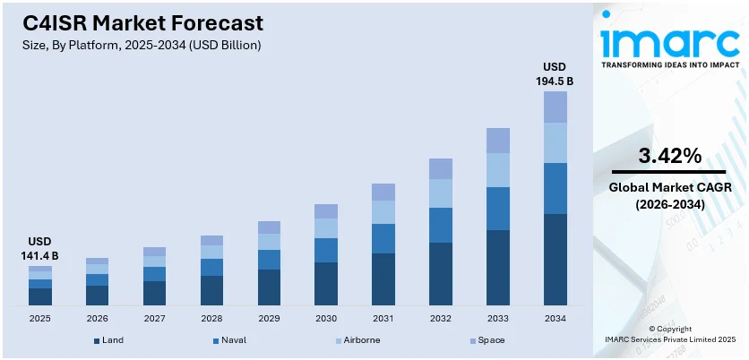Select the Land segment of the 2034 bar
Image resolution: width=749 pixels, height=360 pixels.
[x=555, y=260]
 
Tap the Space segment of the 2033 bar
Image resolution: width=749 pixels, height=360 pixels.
[x=497, y=141]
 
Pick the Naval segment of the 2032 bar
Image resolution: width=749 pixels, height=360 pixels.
[x=440, y=225]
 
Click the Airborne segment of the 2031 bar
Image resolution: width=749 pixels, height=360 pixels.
[x=383, y=212]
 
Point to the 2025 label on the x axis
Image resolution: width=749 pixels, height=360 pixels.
[x=40, y=318]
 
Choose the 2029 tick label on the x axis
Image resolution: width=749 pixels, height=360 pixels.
[x=269, y=318]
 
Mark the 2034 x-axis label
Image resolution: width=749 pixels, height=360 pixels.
[x=555, y=318]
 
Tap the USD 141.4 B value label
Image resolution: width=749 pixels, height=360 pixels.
[x=40, y=248]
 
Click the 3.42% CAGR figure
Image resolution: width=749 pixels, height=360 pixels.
[x=669, y=156]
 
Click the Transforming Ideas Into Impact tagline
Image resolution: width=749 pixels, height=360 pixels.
[x=669, y=65]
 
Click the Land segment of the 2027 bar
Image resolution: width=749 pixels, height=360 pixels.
[x=155, y=294]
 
